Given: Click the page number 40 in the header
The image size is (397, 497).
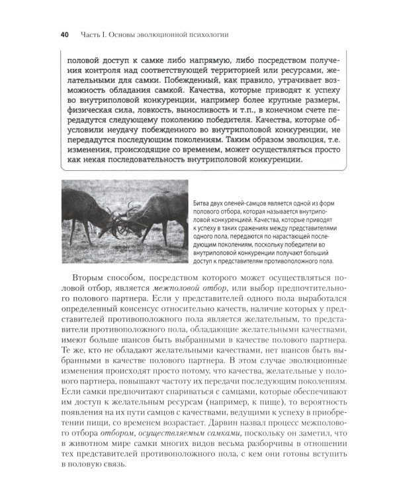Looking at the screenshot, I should click(64, 34).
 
